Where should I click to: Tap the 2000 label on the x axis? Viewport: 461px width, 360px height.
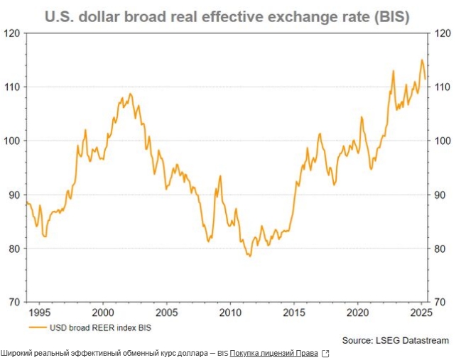[103, 312]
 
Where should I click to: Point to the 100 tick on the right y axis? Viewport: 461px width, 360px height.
[442, 141]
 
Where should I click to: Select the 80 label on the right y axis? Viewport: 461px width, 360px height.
[440, 249]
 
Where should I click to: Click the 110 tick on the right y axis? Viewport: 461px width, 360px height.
[442, 87]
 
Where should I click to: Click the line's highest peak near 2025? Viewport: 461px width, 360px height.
[422, 60]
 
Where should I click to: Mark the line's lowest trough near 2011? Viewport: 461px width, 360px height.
[249, 256]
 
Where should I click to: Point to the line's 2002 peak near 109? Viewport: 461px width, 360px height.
[129, 93]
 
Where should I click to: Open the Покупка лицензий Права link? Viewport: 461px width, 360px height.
[273, 353]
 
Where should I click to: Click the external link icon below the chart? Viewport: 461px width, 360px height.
[326, 353]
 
